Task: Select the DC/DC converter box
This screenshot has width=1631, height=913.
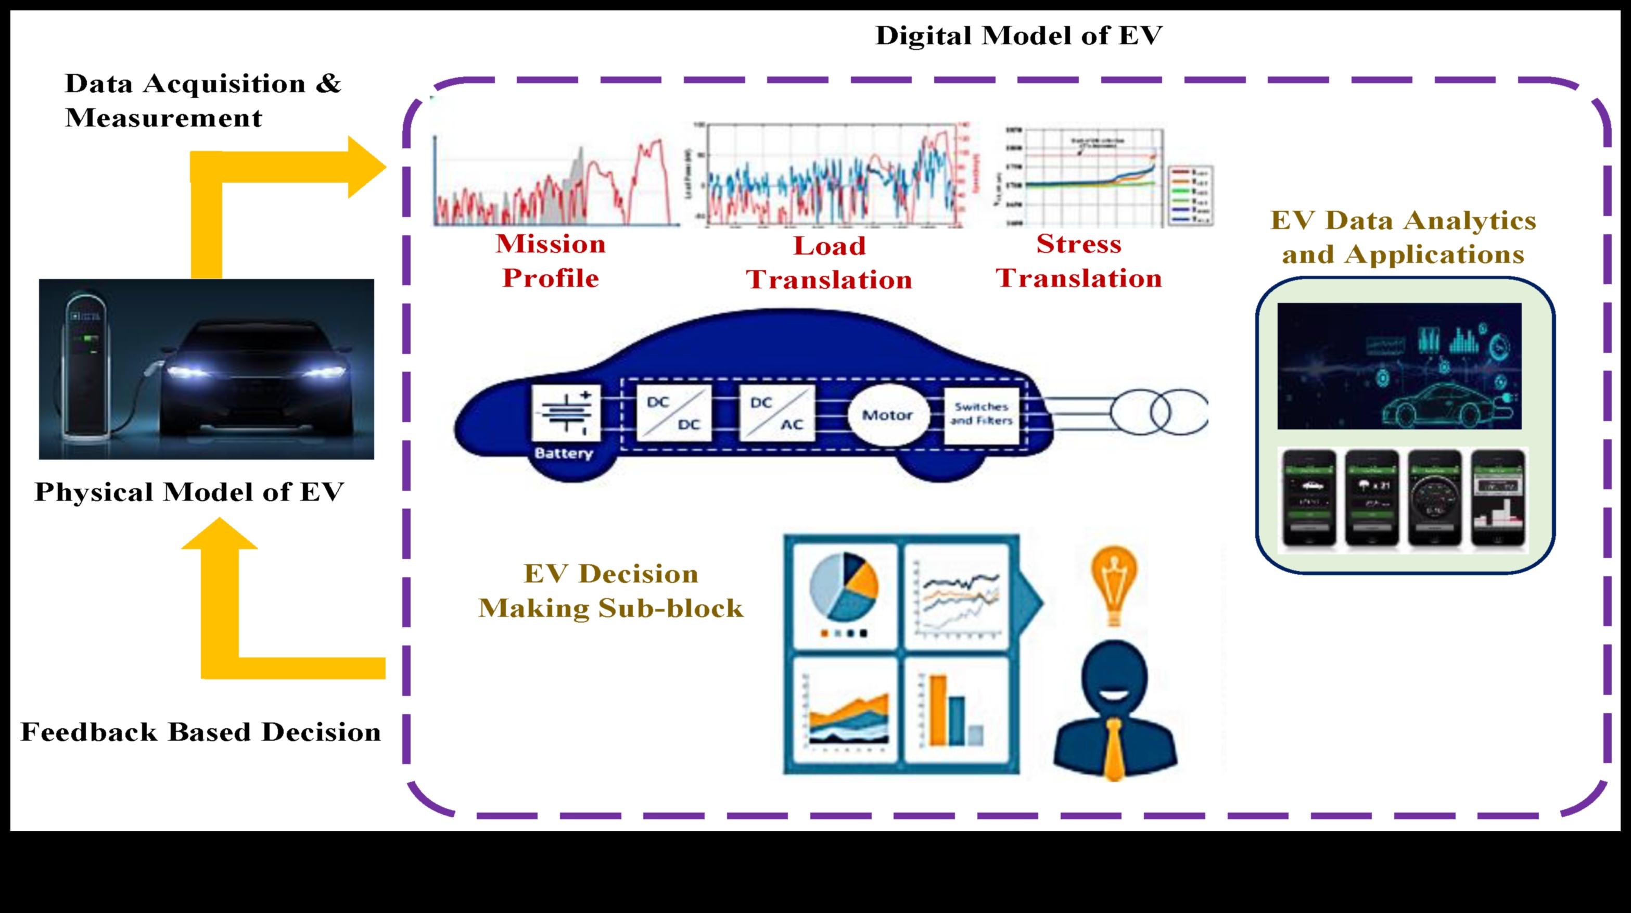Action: tap(673, 413)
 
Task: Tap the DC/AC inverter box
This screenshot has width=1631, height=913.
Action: tap(776, 413)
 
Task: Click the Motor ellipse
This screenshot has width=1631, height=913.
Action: tap(888, 415)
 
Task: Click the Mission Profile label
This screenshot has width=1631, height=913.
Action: tap(550, 261)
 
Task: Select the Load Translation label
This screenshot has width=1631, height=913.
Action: tap(829, 263)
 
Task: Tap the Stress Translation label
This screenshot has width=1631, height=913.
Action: tap(1078, 261)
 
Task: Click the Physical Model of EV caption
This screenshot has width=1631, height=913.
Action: tap(189, 492)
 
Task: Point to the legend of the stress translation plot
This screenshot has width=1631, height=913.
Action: tap(1190, 195)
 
